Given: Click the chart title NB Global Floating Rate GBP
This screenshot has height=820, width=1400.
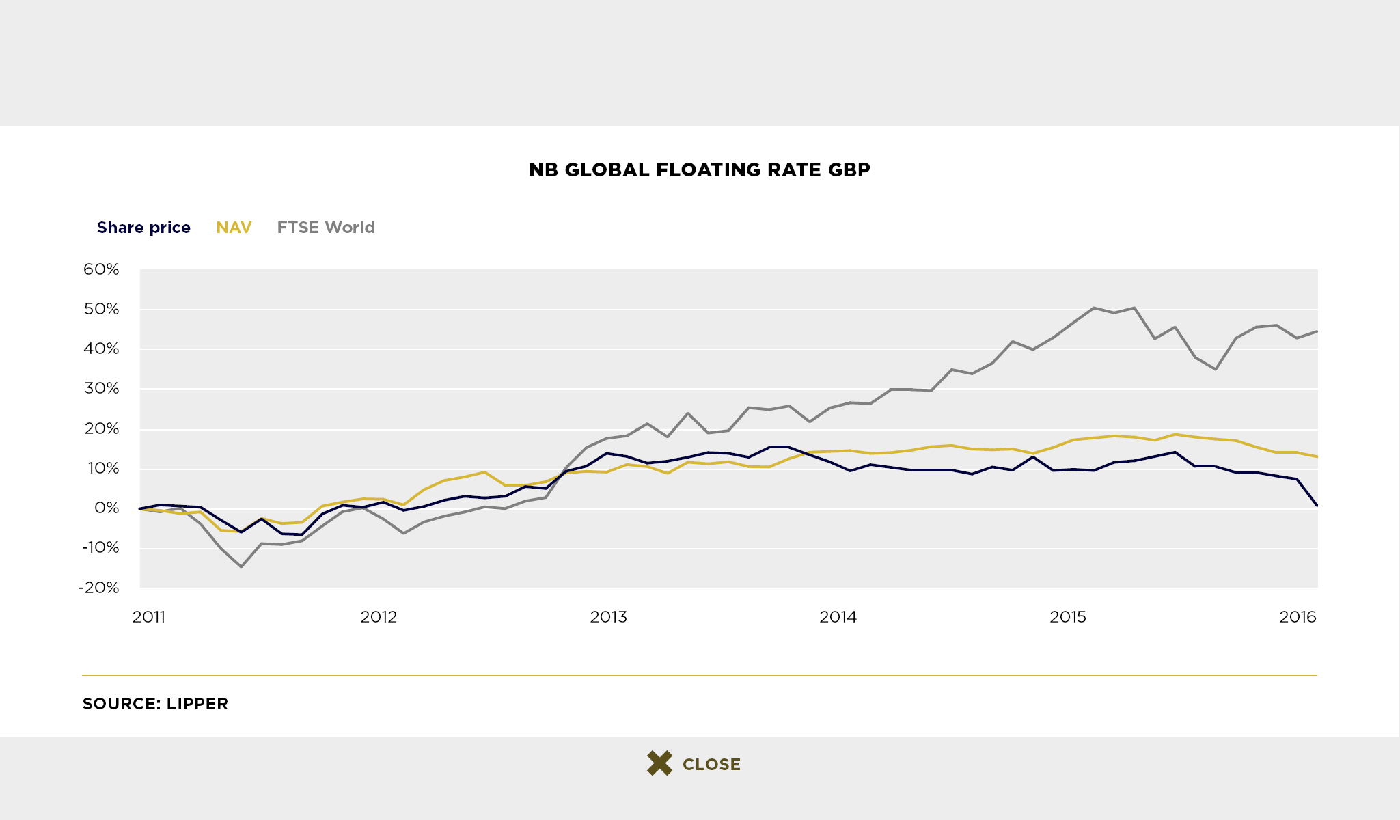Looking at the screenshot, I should pyautogui.click(x=700, y=169).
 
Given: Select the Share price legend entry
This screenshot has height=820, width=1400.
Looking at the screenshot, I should pyautogui.click(x=143, y=228).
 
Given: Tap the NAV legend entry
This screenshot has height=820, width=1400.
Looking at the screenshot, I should pyautogui.click(x=234, y=228).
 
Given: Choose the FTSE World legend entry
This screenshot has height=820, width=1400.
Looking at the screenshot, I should pyautogui.click(x=326, y=228).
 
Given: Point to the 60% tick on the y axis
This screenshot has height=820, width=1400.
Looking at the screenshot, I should pyautogui.click(x=101, y=269).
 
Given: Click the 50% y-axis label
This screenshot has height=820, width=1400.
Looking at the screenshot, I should pyautogui.click(x=101, y=309).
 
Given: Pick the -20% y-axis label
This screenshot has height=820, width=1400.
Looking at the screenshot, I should pyautogui.click(x=98, y=588).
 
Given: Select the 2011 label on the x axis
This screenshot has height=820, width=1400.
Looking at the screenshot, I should pyautogui.click(x=149, y=617).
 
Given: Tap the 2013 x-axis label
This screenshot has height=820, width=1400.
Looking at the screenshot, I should pyautogui.click(x=608, y=617).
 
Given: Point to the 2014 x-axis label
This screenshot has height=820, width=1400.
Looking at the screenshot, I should pyautogui.click(x=838, y=617).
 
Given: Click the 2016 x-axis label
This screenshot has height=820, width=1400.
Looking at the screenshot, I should pyautogui.click(x=1298, y=617).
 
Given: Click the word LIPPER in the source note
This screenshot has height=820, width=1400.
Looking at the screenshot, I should pyautogui.click(x=197, y=704).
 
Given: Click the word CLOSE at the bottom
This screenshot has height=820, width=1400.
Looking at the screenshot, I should pyautogui.click(x=711, y=765).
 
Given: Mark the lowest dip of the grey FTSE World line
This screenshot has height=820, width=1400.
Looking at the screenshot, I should pyautogui.click(x=241, y=566).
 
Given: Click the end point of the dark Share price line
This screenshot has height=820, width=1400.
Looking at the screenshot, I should pyautogui.click(x=1317, y=506).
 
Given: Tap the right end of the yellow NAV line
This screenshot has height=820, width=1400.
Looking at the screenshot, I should pyautogui.click(x=1317, y=456).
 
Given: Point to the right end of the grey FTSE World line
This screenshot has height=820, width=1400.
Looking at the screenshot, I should pyautogui.click(x=1317, y=331).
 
